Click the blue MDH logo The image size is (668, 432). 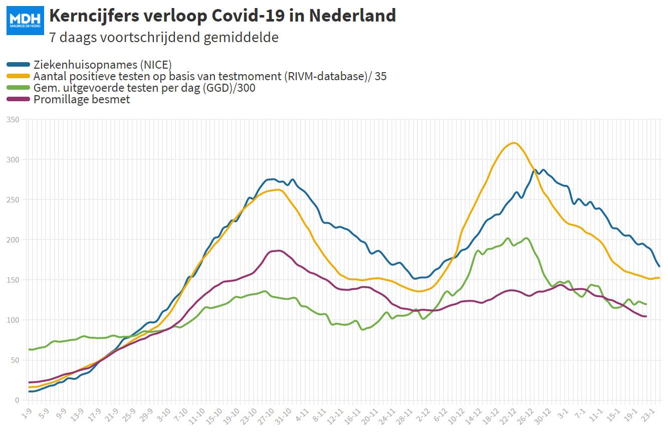click(x=26, y=21)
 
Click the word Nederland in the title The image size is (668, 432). click(x=352, y=16)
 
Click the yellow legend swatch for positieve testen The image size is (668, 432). click(x=18, y=76)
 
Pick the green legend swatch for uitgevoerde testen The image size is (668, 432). click(x=18, y=88)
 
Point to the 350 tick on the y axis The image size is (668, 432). click(x=13, y=120)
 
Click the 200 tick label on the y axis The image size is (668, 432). click(x=13, y=240)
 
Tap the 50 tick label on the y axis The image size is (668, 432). click(x=15, y=360)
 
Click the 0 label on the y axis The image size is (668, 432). click(x=17, y=400)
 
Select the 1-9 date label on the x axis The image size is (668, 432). click(x=27, y=413)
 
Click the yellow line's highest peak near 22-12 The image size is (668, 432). click(x=514, y=143)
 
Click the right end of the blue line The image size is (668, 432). click(x=659, y=267)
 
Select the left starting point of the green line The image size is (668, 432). click(x=29, y=349)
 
